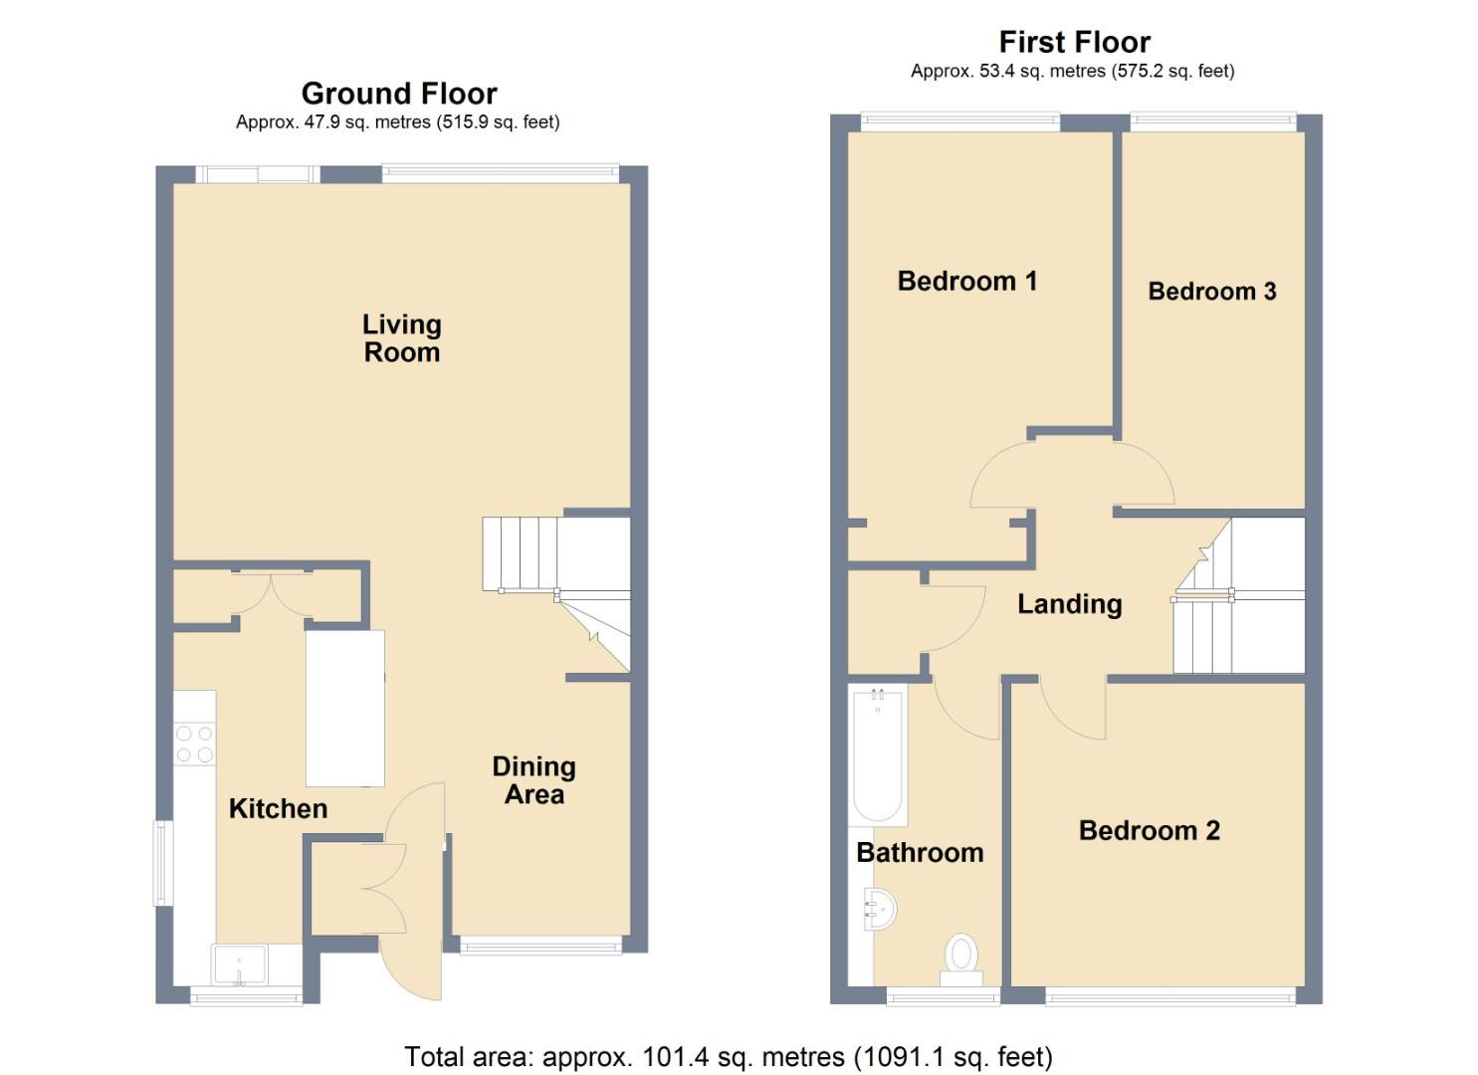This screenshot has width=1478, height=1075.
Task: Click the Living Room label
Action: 401,338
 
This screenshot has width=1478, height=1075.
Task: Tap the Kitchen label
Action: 278,808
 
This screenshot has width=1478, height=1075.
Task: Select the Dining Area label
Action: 533,780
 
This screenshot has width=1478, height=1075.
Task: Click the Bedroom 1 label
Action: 966,281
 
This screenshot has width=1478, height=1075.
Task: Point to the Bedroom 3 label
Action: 1211,292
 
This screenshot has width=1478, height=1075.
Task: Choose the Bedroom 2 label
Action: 1149,830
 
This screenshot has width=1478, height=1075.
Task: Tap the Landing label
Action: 1069,604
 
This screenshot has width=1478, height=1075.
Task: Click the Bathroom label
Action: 919,853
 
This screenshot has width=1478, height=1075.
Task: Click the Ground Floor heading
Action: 398,94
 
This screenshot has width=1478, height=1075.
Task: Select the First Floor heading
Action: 1074,42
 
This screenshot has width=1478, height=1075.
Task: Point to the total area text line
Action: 728,1056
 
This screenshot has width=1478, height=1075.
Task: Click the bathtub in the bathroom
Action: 877,754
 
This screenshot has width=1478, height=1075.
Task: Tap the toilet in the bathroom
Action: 960,958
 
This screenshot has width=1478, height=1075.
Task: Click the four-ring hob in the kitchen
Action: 194,744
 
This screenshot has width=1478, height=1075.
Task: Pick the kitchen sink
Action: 239,964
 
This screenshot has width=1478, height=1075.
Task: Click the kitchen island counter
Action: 344,708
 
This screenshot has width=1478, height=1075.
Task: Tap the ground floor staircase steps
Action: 519,553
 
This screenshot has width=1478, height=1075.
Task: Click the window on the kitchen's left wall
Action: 162,862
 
